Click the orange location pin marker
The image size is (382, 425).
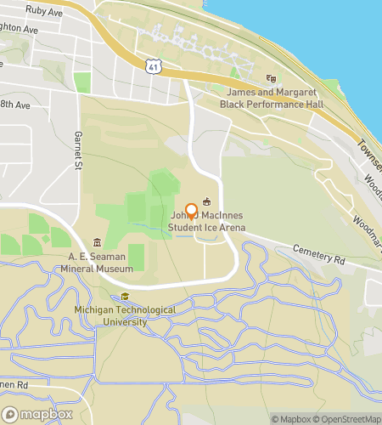191,212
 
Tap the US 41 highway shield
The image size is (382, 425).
152,64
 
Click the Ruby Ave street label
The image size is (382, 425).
43,12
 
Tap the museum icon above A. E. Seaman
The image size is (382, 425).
98,242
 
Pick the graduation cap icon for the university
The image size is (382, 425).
125,297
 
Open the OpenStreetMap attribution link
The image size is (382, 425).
349,418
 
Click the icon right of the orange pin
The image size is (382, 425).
206,201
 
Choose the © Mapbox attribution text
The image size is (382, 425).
290,418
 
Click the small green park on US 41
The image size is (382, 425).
82,82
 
